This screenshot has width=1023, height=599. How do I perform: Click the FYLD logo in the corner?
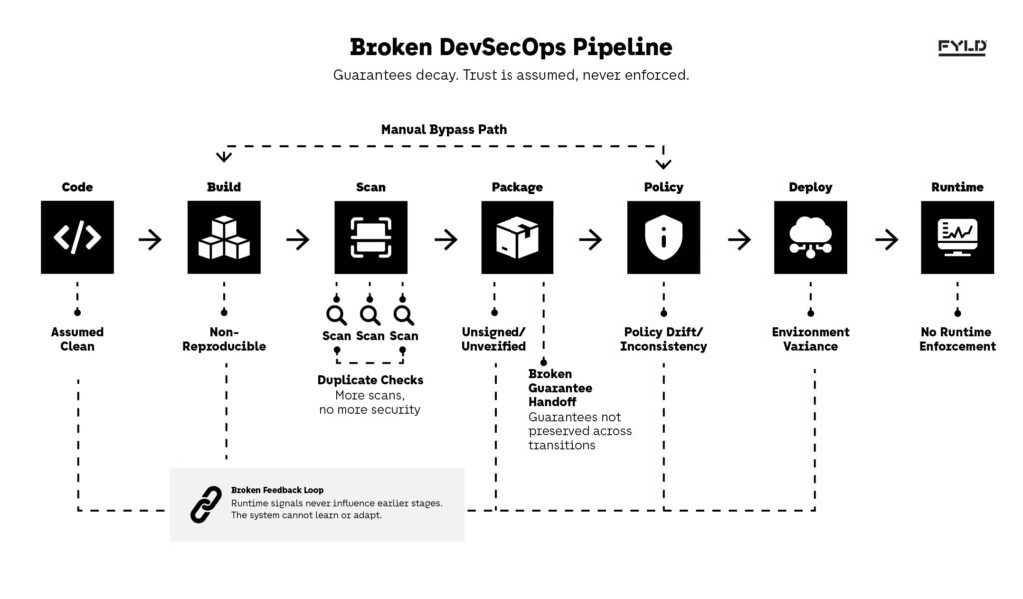(x=961, y=47)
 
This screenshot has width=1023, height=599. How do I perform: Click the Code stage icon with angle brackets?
(x=77, y=237)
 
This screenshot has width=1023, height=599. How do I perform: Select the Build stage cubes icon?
(x=224, y=237)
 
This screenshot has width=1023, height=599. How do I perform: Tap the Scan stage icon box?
(x=371, y=237)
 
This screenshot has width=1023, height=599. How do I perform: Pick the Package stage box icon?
(x=517, y=237)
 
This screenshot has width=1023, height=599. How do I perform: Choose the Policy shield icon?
(x=663, y=237)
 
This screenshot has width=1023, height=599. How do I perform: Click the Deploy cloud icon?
(x=810, y=237)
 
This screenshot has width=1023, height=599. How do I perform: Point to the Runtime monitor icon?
(x=957, y=237)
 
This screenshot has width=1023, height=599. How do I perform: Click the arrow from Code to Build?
(x=150, y=239)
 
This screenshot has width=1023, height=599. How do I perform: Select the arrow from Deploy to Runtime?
(x=886, y=239)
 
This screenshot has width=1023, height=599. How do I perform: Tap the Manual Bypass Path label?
(x=444, y=130)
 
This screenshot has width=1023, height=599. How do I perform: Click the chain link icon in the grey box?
(x=206, y=504)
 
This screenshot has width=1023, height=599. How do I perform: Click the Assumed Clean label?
(x=77, y=339)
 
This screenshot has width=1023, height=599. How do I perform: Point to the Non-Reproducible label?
(x=224, y=339)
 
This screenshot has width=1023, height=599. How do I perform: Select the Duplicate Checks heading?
(x=370, y=380)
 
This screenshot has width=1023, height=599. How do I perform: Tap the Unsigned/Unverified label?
(x=494, y=339)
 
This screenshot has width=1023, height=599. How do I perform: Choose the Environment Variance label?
(x=810, y=339)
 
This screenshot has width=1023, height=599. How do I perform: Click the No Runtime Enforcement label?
(x=957, y=339)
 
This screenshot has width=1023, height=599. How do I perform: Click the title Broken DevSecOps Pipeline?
(x=511, y=47)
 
